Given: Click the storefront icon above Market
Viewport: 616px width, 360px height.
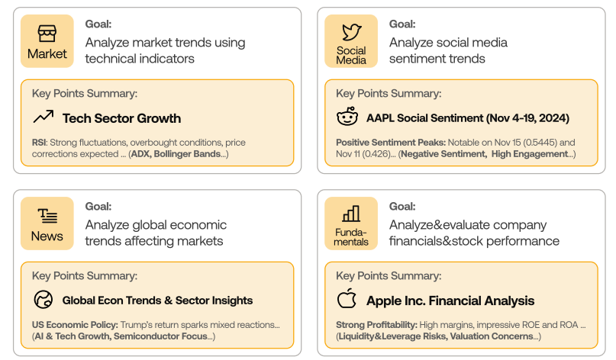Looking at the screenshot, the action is [x=47, y=34].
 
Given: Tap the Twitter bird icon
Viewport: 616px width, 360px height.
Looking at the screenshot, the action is [x=351, y=32].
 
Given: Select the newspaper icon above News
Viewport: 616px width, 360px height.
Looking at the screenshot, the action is [x=47, y=216].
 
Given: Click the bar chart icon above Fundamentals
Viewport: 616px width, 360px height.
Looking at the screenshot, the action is [x=351, y=214].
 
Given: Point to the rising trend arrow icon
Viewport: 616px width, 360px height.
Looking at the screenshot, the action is [x=44, y=117].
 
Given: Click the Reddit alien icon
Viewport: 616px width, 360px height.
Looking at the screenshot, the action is [x=347, y=116].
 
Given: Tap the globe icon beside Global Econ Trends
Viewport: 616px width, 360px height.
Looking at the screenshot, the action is [x=44, y=300].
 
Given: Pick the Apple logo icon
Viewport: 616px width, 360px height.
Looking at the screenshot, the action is [x=347, y=298].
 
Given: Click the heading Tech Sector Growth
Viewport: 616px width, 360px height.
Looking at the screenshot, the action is [x=122, y=118].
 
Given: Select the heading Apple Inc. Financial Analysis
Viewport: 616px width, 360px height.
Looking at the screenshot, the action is [x=450, y=301].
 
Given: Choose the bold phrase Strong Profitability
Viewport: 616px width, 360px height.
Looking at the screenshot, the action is [x=376, y=325].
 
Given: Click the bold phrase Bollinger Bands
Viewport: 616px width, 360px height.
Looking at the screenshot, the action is [x=187, y=154].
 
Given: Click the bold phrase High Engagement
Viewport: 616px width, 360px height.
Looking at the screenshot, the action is [x=530, y=154].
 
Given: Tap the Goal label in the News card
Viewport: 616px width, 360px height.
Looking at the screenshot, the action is [x=98, y=207].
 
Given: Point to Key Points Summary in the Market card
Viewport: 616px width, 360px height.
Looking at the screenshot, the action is [x=85, y=94].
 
